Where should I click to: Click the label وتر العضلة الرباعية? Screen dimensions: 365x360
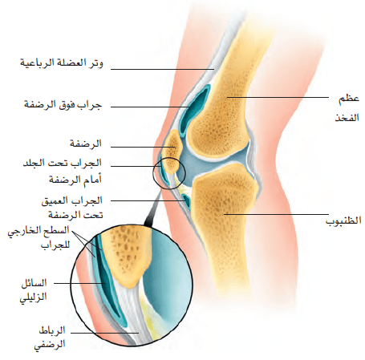pos(62,63)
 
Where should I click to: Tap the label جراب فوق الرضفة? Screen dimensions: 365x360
pos(63,104)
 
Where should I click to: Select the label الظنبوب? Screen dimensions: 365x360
pos(343,220)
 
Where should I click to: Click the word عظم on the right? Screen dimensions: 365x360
pos(349,99)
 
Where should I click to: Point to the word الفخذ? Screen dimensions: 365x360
pos(347,117)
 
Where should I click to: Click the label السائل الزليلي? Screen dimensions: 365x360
pos(34,290)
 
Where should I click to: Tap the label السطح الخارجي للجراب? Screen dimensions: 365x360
pos(39,237)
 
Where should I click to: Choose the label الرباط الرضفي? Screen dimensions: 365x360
pos(50,337)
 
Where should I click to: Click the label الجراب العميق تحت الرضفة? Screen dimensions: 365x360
pos(72,208)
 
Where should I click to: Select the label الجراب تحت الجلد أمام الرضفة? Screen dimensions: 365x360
pos(63,171)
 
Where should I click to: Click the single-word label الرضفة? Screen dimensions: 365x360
pos(86,144)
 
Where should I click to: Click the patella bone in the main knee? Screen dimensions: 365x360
pos(172,151)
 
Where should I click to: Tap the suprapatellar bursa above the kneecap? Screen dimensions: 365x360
pos(194,110)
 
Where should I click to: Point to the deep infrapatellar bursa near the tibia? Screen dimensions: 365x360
pos(186,200)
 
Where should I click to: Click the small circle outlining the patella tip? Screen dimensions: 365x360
pos(168,157)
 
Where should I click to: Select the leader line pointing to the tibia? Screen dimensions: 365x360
pos(276,214)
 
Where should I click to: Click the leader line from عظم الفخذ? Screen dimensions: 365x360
pos(278,97)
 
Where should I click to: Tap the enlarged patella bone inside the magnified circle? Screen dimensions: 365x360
pos(127,257)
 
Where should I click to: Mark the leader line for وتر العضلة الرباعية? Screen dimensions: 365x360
pos(163,69)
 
